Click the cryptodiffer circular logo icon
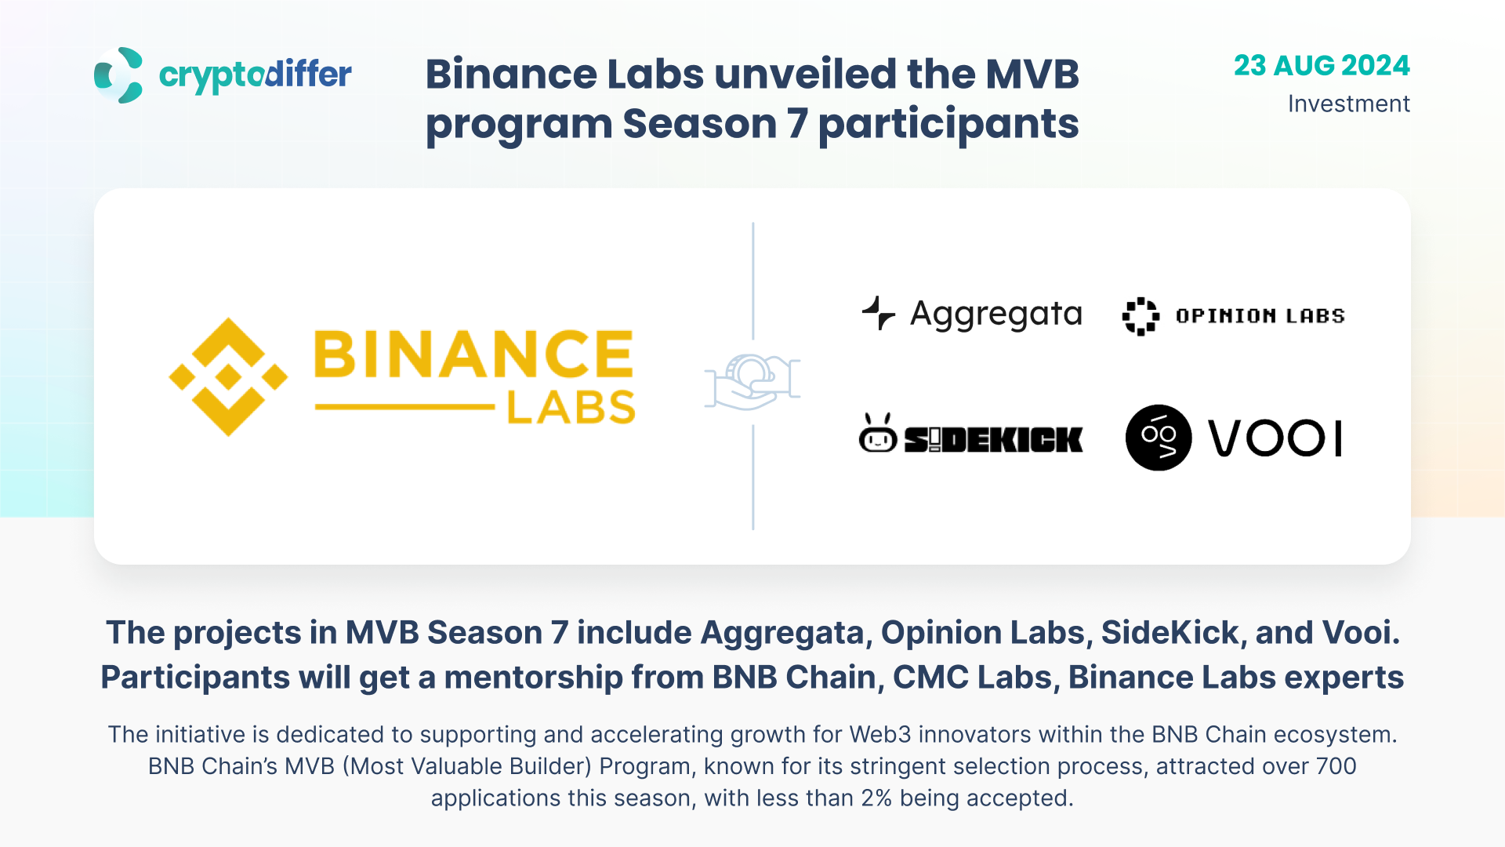click(118, 75)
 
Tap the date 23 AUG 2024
click(1322, 65)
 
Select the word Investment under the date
click(1349, 104)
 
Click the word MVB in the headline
click(1032, 75)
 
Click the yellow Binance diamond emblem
click(228, 376)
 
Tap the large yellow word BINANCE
click(473, 354)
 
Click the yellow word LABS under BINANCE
click(571, 408)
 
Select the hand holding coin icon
click(752, 382)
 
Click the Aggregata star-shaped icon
click(879, 313)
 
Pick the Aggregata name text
click(996, 314)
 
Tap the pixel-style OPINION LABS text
click(1260, 316)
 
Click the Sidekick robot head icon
click(878, 434)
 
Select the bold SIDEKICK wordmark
click(993, 440)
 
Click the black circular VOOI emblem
click(1159, 438)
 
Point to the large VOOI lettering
click(1275, 438)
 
